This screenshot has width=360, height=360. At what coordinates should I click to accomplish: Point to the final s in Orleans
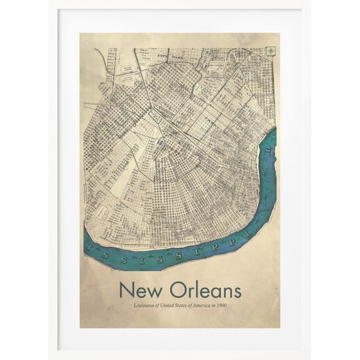(x=236, y=292)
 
